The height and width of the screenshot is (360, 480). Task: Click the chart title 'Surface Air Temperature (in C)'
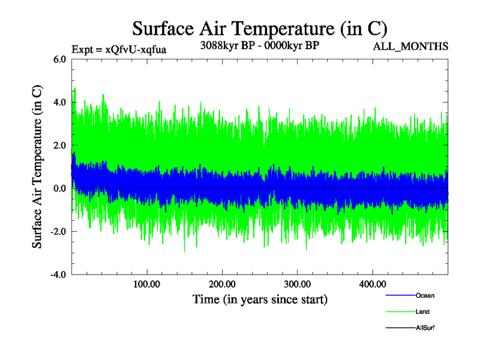260,28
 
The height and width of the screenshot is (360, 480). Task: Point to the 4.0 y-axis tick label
60,102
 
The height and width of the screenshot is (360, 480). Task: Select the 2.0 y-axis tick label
60,145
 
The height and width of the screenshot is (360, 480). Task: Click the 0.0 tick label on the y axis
60,188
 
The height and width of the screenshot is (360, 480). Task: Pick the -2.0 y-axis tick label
58,232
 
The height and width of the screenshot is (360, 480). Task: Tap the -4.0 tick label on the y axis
58,275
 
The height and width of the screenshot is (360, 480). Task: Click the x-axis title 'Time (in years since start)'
260,299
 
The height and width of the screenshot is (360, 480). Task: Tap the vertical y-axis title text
37,166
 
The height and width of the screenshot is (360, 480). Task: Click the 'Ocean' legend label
425,296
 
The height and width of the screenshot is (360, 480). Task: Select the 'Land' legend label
422,312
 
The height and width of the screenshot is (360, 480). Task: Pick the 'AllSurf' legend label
425,328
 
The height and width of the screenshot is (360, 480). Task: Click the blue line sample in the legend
400,296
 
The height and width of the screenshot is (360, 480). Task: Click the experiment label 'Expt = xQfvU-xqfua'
119,49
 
